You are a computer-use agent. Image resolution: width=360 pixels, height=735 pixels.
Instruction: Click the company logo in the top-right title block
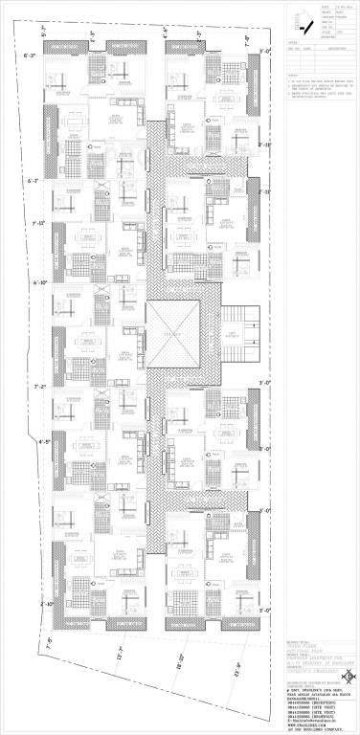pyautogui.click(x=310, y=18)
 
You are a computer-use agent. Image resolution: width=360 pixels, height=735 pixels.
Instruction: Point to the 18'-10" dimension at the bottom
pyautogui.click(x=179, y=660)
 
